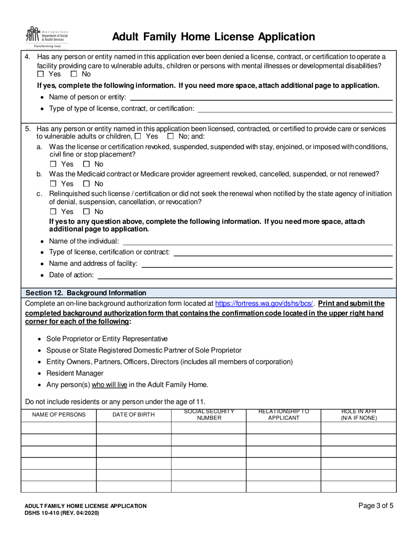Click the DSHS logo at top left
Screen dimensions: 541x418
[x=47, y=37]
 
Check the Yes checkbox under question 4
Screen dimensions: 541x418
[x=41, y=74]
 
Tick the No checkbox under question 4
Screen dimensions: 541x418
[x=74, y=74]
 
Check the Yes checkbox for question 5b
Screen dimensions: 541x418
[x=53, y=183]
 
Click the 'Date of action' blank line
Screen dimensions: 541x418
[x=244, y=275]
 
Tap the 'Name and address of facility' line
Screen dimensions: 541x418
[x=266, y=264]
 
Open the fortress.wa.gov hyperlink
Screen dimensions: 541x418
[x=264, y=303]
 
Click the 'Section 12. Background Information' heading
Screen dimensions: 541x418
[x=86, y=292]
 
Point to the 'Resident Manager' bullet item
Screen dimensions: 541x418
[x=75, y=373]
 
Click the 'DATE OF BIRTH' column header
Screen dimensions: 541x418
[x=134, y=415]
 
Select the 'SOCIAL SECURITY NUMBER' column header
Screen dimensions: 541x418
[x=209, y=415]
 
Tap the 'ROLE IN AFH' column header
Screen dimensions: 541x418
[x=359, y=415]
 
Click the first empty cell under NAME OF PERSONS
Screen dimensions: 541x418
[x=59, y=428]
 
